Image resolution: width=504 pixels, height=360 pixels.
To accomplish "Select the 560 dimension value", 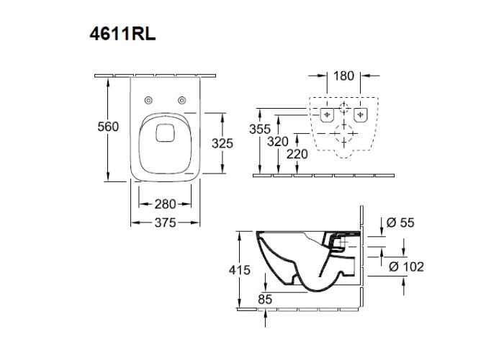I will tap(107, 127).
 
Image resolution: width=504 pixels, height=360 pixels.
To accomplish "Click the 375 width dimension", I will tap(166, 223).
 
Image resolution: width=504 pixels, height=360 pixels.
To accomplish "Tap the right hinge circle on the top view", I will tap(182, 100).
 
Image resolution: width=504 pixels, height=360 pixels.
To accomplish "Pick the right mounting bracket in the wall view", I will tap(362, 114).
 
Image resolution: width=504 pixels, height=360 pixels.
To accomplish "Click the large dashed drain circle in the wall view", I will tap(344, 134).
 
